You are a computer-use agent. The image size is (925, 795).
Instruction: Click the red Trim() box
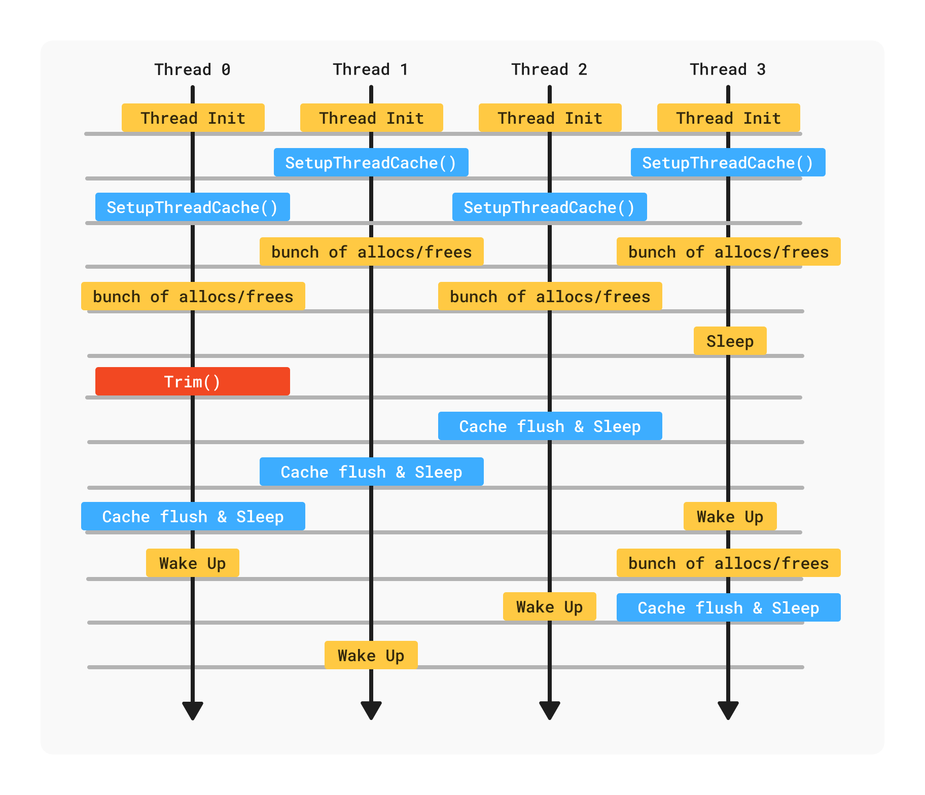(192, 381)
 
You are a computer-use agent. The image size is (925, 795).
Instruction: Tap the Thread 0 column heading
(192, 69)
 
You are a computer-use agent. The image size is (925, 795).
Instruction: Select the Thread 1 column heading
(371, 69)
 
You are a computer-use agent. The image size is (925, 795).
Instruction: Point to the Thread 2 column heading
(549, 69)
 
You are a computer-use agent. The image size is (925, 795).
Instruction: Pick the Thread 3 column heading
(728, 69)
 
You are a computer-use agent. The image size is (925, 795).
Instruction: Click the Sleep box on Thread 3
(730, 341)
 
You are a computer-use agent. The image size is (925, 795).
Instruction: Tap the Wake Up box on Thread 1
(371, 655)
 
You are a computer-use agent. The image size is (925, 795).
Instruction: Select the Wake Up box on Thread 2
(549, 606)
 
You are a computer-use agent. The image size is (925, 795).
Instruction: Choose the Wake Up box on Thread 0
(192, 563)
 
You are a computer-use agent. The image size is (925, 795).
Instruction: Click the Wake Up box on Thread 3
(730, 516)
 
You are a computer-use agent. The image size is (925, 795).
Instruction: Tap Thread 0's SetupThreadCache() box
(192, 207)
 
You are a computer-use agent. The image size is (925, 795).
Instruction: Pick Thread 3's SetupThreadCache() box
(728, 162)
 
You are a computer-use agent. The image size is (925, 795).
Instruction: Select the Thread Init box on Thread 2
(550, 118)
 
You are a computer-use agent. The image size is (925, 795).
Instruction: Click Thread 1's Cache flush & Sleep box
(371, 472)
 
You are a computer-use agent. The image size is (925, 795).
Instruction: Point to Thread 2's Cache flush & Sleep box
(550, 426)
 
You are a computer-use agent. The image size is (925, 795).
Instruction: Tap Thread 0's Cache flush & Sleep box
(193, 516)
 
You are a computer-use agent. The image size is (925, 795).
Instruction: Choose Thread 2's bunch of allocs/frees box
(550, 296)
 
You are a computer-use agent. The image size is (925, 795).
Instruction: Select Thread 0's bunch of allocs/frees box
(193, 296)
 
